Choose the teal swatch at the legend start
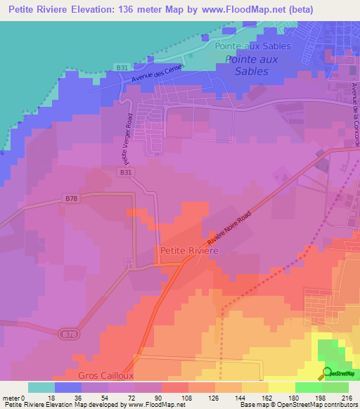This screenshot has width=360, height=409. (41, 387)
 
